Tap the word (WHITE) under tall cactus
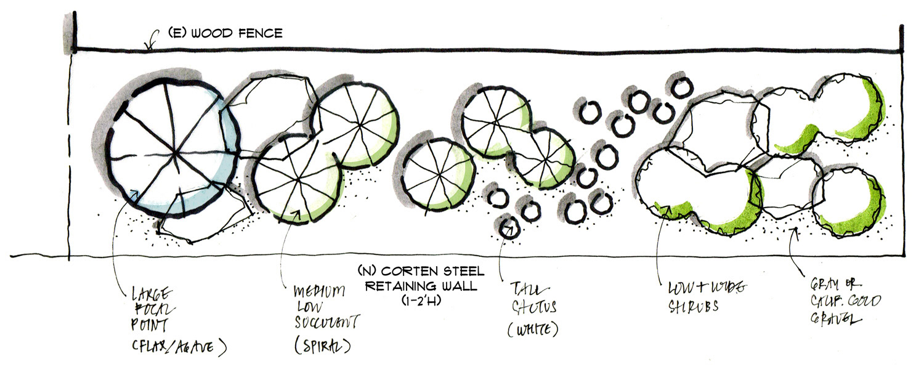pyautogui.click(x=533, y=330)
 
